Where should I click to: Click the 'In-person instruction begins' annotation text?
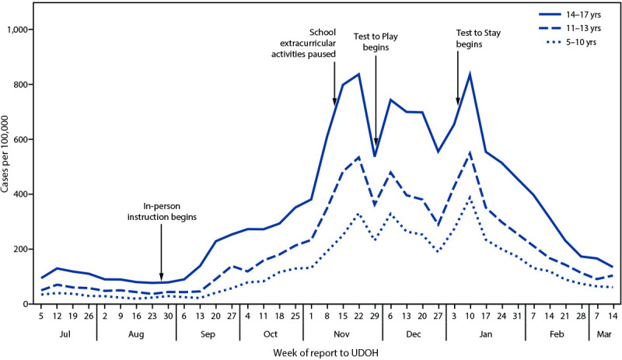point(162,211)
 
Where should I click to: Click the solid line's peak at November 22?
point(358,74)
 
